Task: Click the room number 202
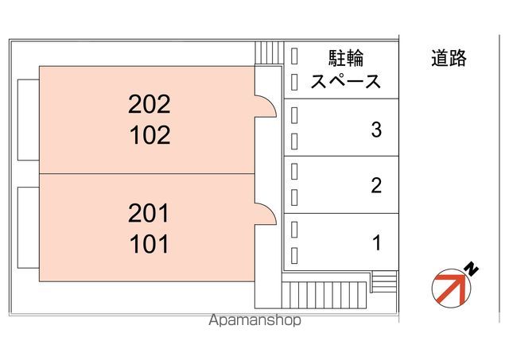click(x=150, y=104)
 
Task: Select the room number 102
click(x=150, y=135)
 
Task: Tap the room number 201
click(x=149, y=213)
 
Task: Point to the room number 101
click(x=150, y=244)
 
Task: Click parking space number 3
click(x=376, y=130)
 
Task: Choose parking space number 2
click(x=376, y=185)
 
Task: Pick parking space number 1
click(x=376, y=243)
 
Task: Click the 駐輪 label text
click(x=346, y=58)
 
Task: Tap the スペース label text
click(x=345, y=81)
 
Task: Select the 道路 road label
click(x=449, y=58)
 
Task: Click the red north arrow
click(x=452, y=288)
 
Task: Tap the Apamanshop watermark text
click(x=254, y=320)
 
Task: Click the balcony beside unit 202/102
click(x=29, y=120)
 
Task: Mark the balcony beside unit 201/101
click(x=29, y=227)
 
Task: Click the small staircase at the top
click(x=270, y=53)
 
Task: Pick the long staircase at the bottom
click(x=324, y=295)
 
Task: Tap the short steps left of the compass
click(x=384, y=281)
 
